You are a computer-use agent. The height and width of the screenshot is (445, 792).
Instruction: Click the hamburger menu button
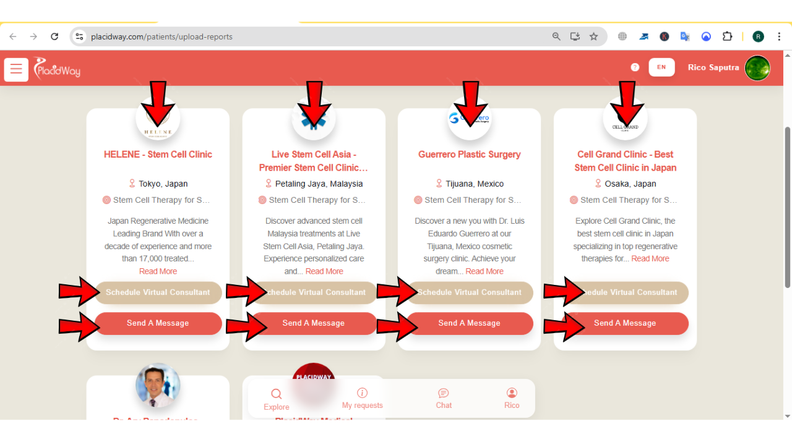pos(16,69)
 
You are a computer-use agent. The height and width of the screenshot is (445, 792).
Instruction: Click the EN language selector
pos(661,67)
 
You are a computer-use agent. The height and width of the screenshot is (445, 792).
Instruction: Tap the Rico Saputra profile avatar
pos(757,68)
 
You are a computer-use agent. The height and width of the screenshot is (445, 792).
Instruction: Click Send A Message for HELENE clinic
pos(158,323)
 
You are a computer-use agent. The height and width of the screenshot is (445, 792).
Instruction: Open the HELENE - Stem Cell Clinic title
pos(158,155)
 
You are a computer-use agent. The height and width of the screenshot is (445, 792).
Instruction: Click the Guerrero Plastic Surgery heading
pos(469,155)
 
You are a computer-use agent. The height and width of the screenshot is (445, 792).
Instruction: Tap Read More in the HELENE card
pos(158,271)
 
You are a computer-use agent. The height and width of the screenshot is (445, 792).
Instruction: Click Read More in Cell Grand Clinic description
pos(650,258)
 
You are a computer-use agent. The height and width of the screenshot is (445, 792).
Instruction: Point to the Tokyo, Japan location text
pos(163,184)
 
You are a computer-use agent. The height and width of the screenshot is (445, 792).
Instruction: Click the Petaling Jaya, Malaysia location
pos(319,184)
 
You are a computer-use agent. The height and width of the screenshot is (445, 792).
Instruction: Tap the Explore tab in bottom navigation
pos(276,399)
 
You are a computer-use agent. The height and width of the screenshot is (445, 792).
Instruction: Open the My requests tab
pos(362,398)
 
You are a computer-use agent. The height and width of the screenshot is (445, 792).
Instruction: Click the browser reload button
pos(54,36)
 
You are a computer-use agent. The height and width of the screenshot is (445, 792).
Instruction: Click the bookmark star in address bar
pos(593,36)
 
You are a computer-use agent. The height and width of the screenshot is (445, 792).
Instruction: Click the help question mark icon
pos(635,67)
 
